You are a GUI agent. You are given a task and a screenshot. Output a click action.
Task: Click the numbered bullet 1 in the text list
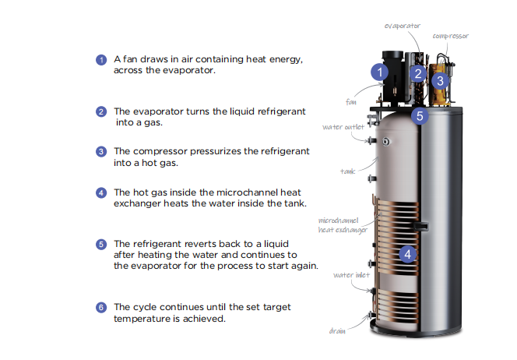[100, 60]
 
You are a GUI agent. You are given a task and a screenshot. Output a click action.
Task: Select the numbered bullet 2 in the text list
[100, 111]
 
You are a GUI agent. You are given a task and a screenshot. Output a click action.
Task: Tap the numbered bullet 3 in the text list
[100, 151]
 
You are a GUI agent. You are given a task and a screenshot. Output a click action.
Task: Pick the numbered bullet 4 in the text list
[100, 192]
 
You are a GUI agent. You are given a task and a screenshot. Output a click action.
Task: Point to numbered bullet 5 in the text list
[100, 244]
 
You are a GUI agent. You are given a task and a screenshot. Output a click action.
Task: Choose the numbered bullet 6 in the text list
[100, 307]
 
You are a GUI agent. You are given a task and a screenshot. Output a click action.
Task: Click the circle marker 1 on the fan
[378, 72]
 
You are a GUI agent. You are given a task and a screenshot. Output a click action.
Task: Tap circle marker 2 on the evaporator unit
[417, 75]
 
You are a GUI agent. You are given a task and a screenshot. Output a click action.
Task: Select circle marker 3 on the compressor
[439, 80]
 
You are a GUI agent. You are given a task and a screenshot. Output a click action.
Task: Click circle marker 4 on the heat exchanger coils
[408, 254]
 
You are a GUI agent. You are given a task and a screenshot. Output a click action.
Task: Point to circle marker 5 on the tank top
[420, 117]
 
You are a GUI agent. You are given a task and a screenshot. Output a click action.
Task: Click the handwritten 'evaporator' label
[403, 26]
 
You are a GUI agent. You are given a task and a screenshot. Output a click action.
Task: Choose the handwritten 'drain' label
[337, 330]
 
